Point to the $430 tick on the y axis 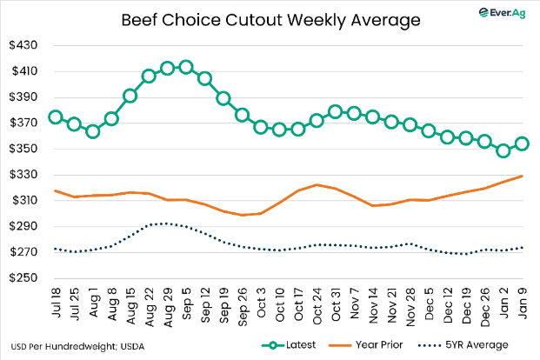click(x=24, y=45)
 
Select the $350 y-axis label click(x=24, y=149)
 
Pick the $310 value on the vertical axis click(x=24, y=201)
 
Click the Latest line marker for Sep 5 click(x=185, y=68)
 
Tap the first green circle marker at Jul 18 click(x=56, y=117)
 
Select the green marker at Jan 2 click(x=503, y=150)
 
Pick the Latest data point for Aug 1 click(x=93, y=131)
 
